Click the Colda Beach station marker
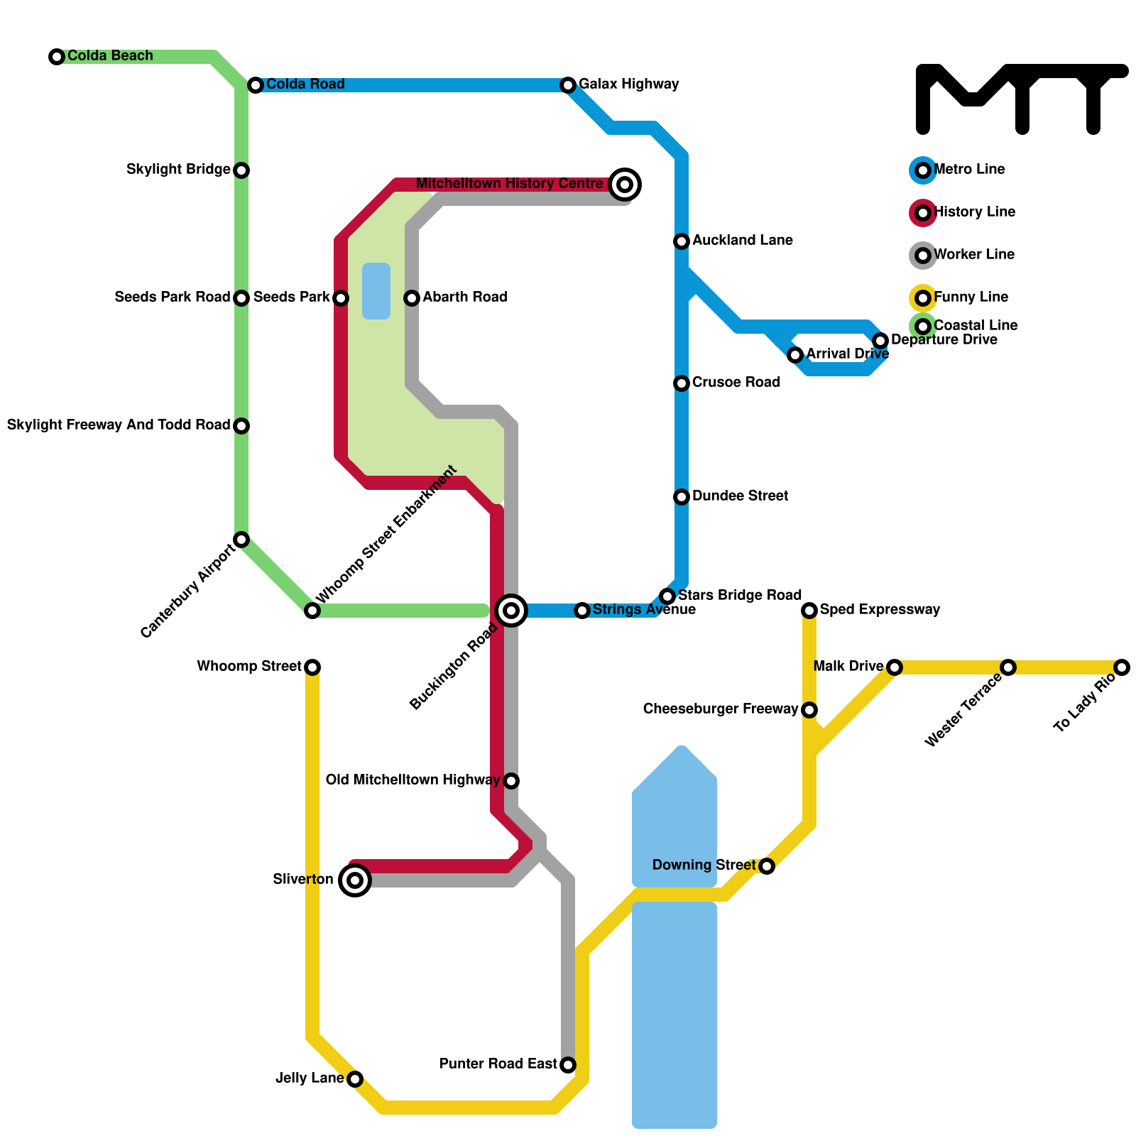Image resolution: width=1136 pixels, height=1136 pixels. pos(57,57)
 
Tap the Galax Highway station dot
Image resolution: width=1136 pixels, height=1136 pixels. pos(568,85)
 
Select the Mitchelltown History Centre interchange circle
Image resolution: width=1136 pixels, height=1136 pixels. pos(625,185)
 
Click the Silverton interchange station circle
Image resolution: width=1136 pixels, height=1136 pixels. pos(355,880)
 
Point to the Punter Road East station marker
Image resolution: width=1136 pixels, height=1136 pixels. pos(568,1065)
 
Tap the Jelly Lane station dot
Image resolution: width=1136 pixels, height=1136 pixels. pos(355,1079)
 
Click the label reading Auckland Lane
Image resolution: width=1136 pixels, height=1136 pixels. pos(742,241)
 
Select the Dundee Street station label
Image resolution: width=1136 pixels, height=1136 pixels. pos(740,496)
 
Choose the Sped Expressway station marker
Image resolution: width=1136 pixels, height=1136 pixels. pos(809,611)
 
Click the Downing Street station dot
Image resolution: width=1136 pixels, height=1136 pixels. pos(767,866)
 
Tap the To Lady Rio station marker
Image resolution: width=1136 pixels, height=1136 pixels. pos(1122,667)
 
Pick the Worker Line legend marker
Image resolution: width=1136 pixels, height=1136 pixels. pos(923,256)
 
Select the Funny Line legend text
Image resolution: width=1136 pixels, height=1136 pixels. pos(971,297)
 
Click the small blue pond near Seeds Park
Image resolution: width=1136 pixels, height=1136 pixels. pos(376,291)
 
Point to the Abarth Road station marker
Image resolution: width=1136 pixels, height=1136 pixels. pos(412,298)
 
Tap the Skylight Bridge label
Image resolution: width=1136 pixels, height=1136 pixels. pos(178,170)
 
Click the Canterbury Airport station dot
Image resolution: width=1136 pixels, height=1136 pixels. pos(241,540)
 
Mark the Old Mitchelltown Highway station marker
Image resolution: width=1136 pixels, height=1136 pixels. pos(511,781)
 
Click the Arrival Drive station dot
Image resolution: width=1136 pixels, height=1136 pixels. pos(795,355)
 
